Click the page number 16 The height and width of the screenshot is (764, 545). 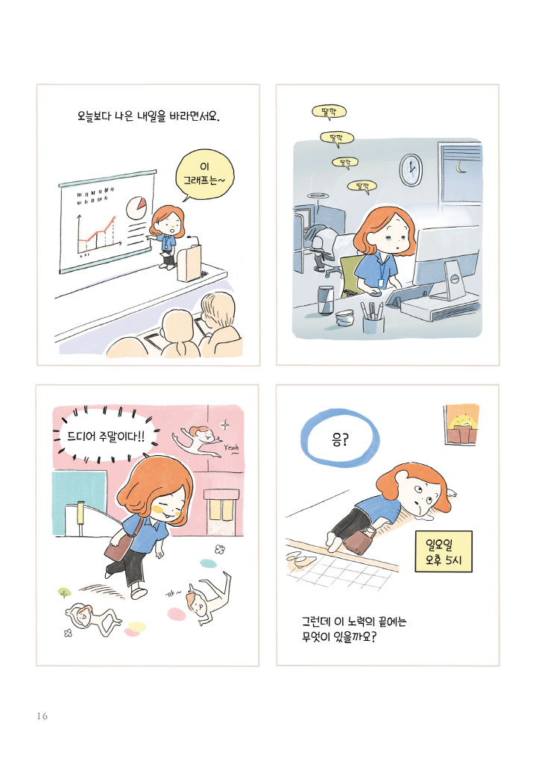(x=41, y=717)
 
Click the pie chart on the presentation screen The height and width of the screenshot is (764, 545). (x=137, y=205)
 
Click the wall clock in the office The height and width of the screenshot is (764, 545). (x=410, y=169)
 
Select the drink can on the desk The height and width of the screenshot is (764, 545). (x=326, y=299)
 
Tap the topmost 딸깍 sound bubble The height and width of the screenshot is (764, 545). (x=329, y=113)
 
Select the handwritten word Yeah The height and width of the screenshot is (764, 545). (x=230, y=448)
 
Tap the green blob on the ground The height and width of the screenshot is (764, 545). (x=64, y=592)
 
